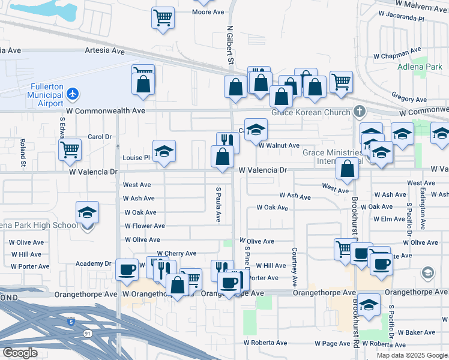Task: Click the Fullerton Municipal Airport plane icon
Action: [73, 94]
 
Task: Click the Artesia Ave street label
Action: [104, 51]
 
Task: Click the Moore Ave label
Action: [208, 12]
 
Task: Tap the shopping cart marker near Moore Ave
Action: [163, 17]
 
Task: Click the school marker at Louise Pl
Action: [163, 152]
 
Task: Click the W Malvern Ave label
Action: [421, 7]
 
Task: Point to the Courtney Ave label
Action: [295, 267]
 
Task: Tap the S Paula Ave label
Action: [218, 204]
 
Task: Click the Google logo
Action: [20, 353]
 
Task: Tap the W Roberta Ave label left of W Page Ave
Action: [265, 343]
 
